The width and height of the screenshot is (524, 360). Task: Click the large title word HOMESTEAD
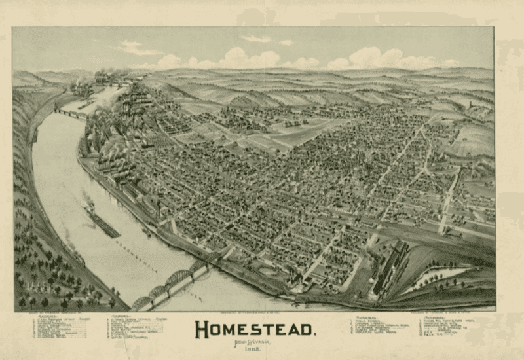click(x=256, y=329)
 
